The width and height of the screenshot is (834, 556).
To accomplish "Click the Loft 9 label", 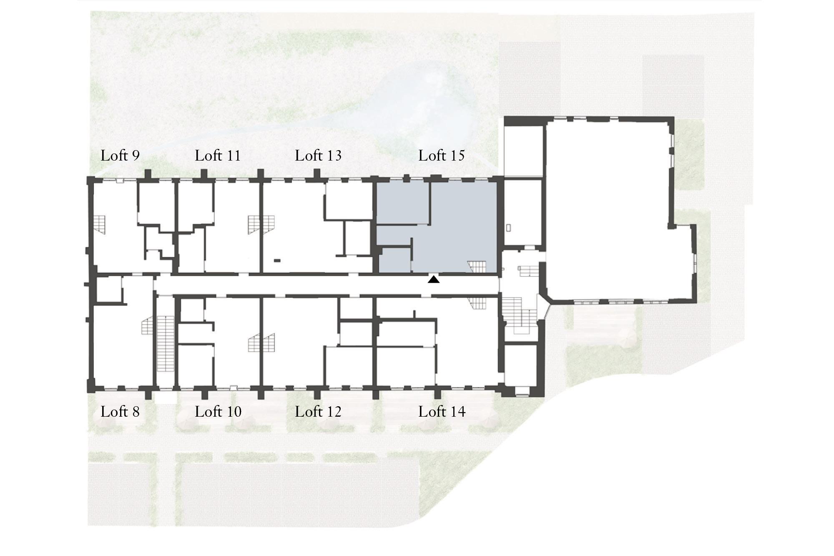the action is [120, 156].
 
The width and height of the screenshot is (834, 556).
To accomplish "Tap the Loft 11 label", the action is [218, 156].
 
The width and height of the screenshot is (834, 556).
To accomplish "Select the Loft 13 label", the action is [318, 156].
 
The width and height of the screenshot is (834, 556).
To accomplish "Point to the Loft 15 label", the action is [442, 156].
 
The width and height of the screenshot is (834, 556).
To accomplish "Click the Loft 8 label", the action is [120, 412].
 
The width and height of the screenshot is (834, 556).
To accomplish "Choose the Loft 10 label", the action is [218, 412].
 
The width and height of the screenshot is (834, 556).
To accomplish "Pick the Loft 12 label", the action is [318, 412].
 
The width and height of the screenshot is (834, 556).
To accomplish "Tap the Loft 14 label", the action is [442, 412].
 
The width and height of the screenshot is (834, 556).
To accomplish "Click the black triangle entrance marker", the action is [434, 280].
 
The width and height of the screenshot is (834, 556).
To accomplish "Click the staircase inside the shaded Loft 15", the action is [477, 267].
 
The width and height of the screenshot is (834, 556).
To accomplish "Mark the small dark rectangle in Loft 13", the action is [277, 261].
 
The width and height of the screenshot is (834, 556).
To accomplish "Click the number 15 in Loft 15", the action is [457, 156].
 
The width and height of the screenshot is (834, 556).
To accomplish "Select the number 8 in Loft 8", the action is [135, 412].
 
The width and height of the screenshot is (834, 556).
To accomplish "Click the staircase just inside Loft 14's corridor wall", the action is [477, 303].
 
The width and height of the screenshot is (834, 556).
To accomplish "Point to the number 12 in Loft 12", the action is [334, 412].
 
